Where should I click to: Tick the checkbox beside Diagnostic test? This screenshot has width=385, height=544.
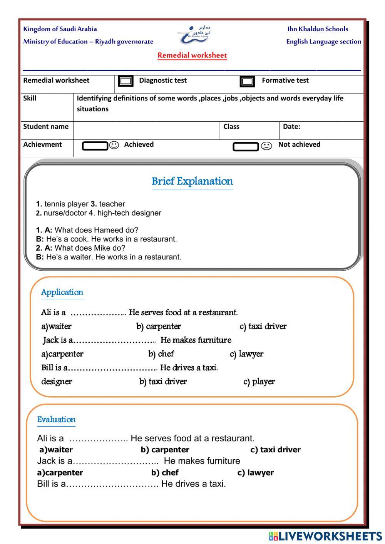[x=126, y=81]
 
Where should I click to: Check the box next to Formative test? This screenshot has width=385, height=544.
[x=247, y=81]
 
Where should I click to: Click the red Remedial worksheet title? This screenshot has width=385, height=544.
[x=192, y=55]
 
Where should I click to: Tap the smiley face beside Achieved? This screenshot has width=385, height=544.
[x=114, y=145]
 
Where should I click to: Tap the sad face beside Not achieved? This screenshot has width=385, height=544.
[x=266, y=146]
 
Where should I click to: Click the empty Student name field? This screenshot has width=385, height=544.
[x=146, y=131]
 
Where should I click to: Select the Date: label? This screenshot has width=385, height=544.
[x=291, y=127]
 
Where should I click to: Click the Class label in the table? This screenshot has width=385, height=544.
[x=231, y=127]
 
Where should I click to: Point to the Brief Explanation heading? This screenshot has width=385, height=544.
[x=192, y=181]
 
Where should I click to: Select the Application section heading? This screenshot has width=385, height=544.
[x=62, y=292]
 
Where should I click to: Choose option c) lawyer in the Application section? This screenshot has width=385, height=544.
[x=246, y=354]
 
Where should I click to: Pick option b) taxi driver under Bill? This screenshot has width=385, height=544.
[x=163, y=382]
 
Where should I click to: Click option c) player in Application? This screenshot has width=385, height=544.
[x=259, y=382]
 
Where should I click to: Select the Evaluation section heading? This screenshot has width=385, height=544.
[x=56, y=419]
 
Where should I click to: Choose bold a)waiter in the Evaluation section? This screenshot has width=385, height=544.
[x=56, y=450]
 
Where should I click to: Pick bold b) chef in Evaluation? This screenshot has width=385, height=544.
[x=165, y=472]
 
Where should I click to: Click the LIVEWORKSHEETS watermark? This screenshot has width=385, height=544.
[x=325, y=536]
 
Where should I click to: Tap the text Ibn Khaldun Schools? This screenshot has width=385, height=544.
[x=318, y=29]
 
